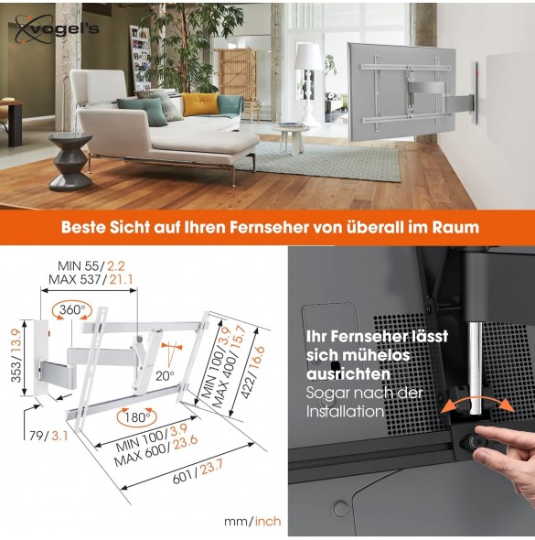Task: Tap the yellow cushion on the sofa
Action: tap(200, 103)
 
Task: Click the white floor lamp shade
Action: tap(309, 57)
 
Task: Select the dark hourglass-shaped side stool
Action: tap(70, 161)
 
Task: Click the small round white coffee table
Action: tap(291, 138)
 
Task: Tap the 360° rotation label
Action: tap(72, 309)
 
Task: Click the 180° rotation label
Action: tap(137, 417)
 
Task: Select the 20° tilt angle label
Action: tap(165, 375)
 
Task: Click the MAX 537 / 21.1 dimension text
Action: tap(91, 279)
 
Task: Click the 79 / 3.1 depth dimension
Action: tap(48, 436)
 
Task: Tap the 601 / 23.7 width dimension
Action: tap(198, 471)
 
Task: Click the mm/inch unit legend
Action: tap(252, 521)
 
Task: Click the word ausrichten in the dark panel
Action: tap(348, 374)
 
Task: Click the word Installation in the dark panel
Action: tap(345, 412)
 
